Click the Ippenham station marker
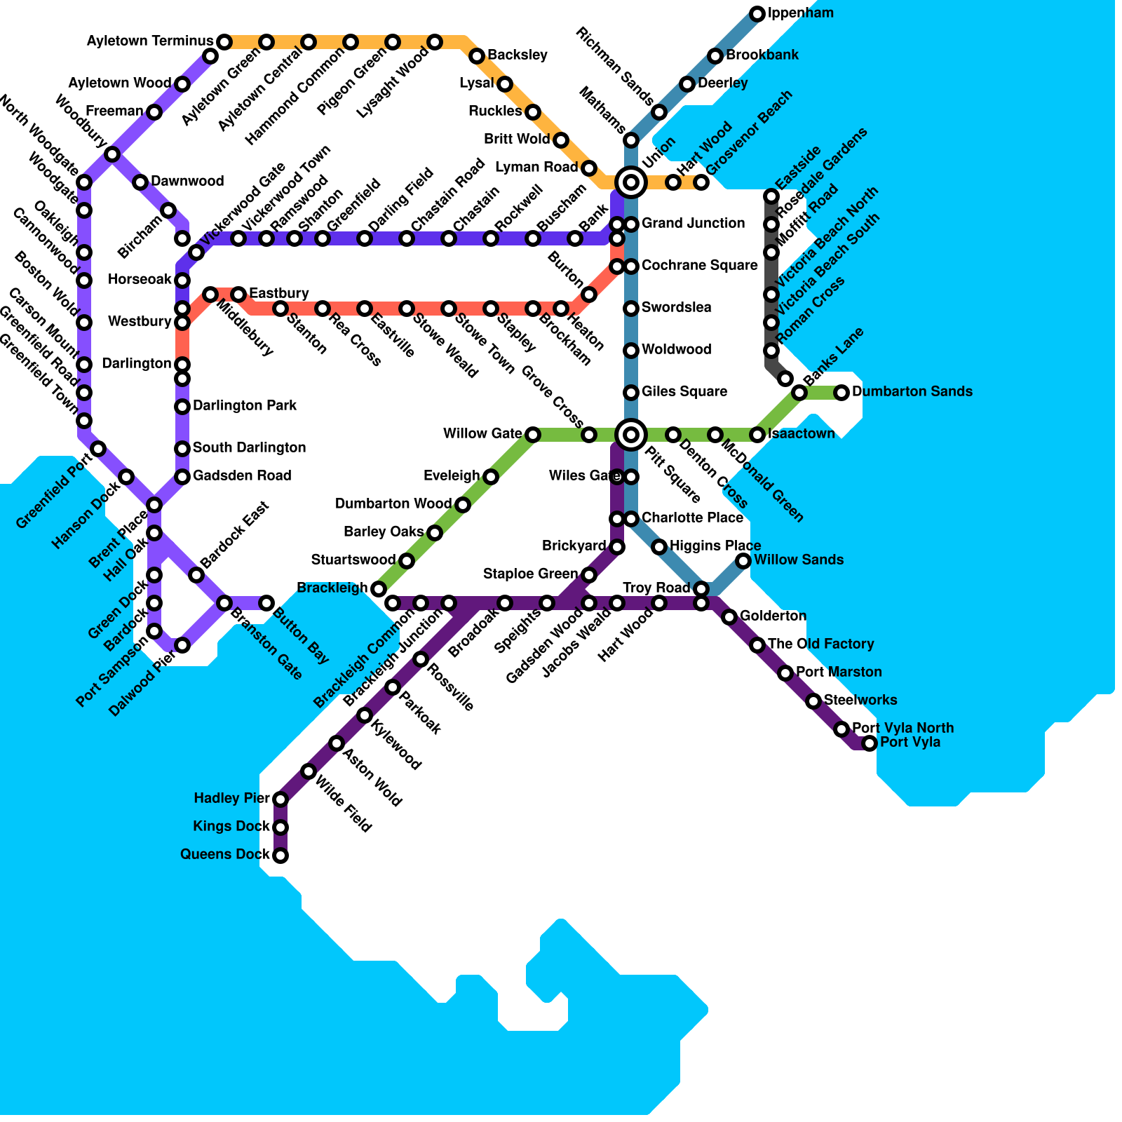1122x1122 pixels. [x=757, y=14]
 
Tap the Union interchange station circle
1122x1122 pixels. [x=631, y=182]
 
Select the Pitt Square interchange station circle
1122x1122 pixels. [x=631, y=435]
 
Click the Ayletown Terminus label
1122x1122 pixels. [x=149, y=41]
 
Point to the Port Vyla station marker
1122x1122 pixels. [x=870, y=743]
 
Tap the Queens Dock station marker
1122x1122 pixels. [x=280, y=856]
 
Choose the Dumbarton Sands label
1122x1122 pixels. [x=912, y=392]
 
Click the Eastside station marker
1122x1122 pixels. [x=771, y=196]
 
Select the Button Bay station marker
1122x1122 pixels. [x=266, y=603]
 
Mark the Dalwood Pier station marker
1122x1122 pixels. [x=182, y=645]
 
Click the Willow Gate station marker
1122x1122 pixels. [x=533, y=435]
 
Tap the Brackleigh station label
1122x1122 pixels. [x=332, y=588]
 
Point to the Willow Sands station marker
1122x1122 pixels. [x=743, y=561]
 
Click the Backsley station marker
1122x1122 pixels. [x=477, y=56]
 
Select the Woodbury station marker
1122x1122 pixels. [x=112, y=154]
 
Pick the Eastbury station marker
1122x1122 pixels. [x=238, y=295]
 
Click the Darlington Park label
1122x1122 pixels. [x=245, y=406]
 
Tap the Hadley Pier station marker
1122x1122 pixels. [x=280, y=799]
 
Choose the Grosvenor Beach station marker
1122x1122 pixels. [x=701, y=182]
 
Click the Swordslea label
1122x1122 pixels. [x=676, y=308]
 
